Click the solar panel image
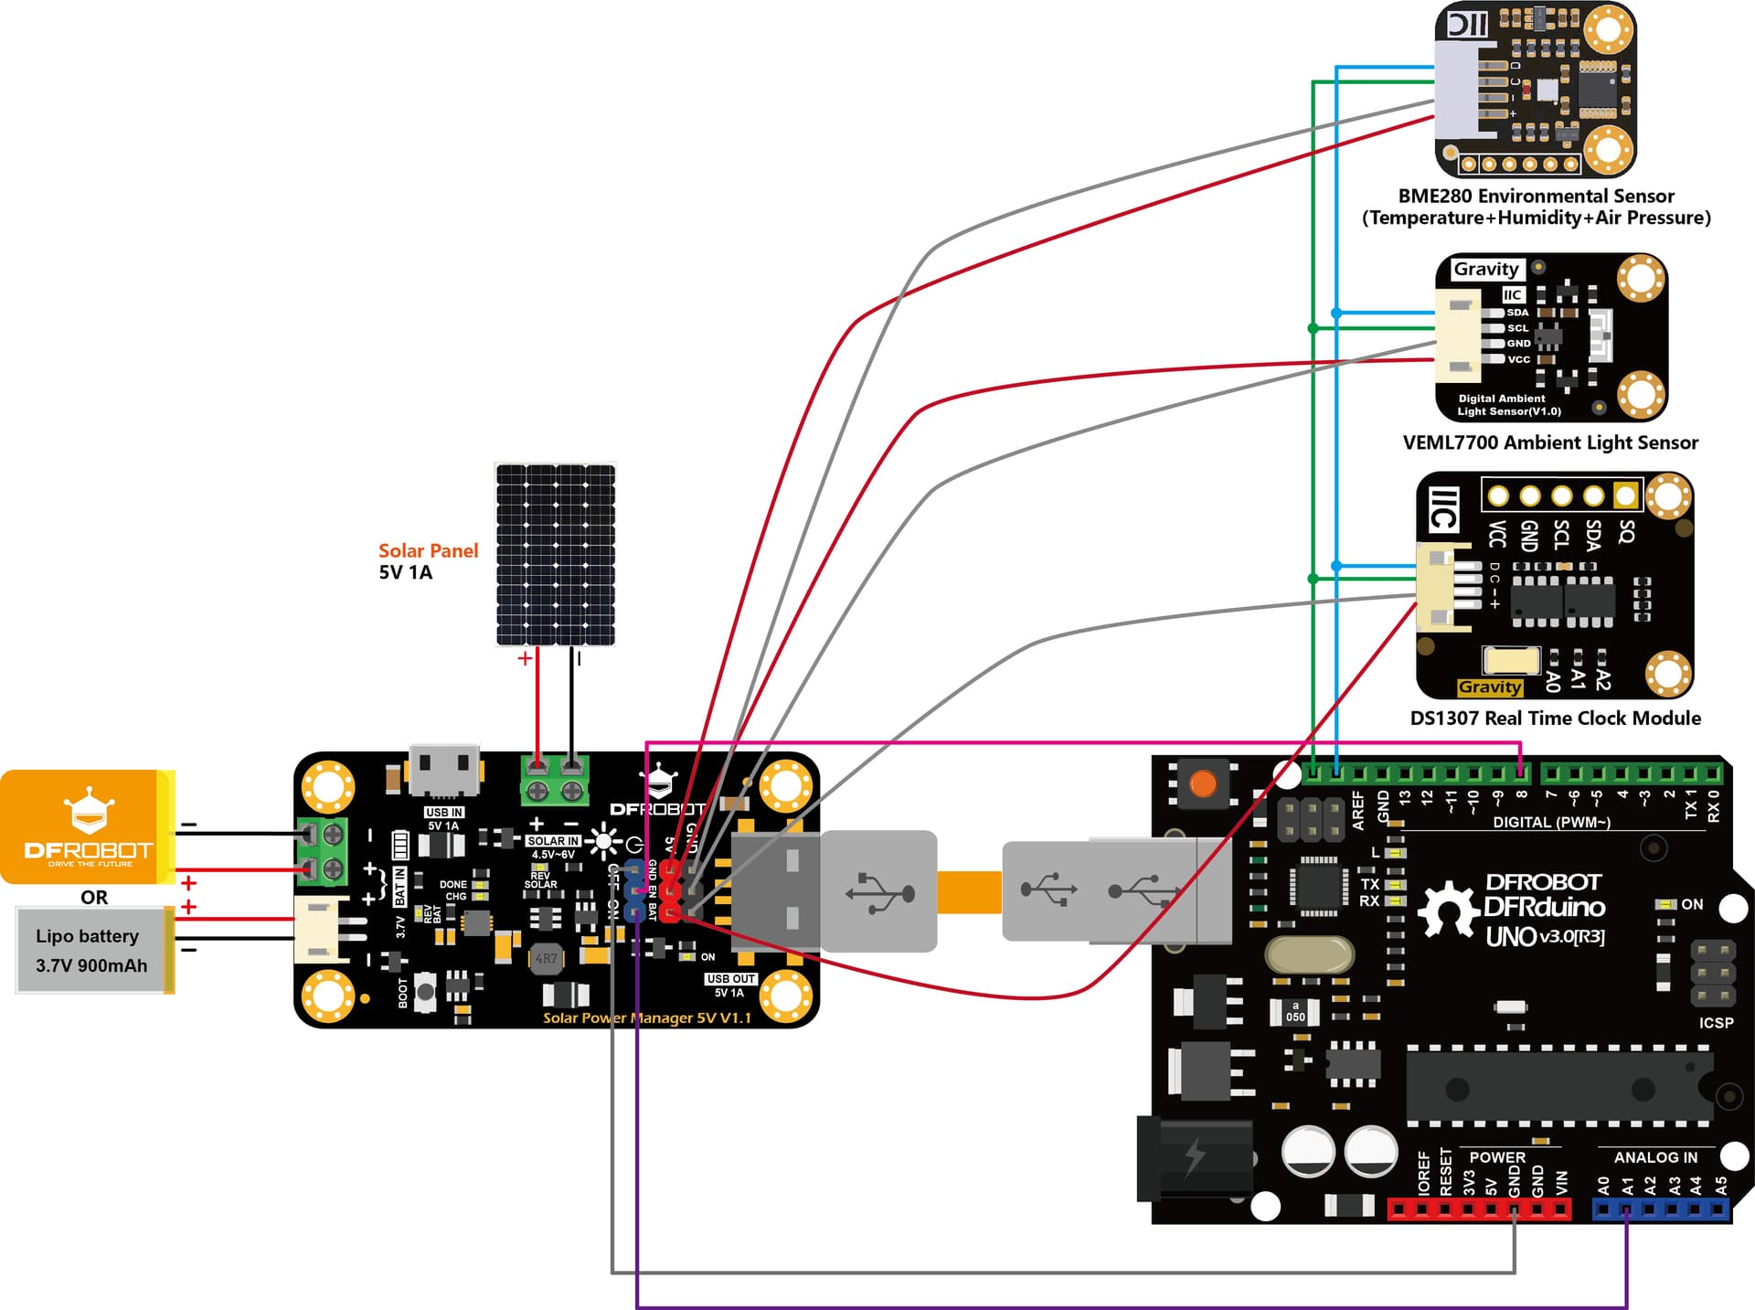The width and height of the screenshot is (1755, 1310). [x=555, y=554]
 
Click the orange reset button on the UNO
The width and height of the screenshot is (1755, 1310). [x=1203, y=783]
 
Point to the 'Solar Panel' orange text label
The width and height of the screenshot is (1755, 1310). [x=428, y=550]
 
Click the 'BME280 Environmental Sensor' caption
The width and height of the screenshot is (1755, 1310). [x=1536, y=196]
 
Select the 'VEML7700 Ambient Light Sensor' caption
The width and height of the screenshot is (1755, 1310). [x=1550, y=442]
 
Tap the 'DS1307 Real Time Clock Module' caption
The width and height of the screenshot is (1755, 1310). [x=1555, y=718]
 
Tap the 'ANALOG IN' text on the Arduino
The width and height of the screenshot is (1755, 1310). [x=1655, y=1157]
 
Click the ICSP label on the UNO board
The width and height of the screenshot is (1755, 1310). [x=1716, y=1022]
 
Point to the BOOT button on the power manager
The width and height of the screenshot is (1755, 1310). [x=425, y=993]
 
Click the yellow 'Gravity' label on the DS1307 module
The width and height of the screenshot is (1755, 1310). [x=1490, y=687]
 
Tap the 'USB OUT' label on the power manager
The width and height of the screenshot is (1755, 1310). [x=730, y=978]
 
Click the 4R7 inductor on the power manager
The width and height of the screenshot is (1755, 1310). [x=546, y=959]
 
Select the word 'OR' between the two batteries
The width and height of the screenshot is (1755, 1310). [x=94, y=897]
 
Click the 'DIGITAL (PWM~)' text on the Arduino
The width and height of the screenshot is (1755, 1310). [x=1551, y=822]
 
